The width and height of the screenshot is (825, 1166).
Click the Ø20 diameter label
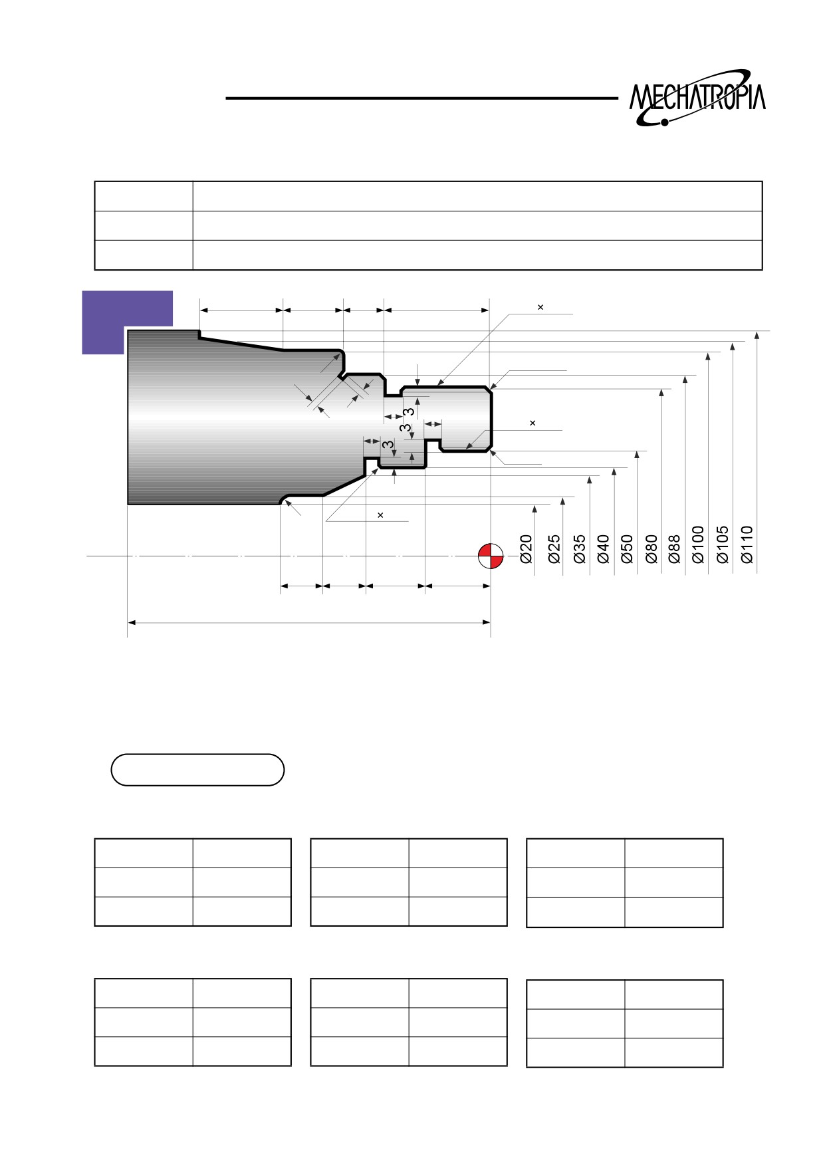pyautogui.click(x=526, y=549)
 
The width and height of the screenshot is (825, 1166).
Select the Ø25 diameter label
pyautogui.click(x=554, y=549)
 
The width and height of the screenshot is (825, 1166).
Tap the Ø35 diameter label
pyautogui.click(x=579, y=549)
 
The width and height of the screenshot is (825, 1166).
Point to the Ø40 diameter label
pyautogui.click(x=603, y=549)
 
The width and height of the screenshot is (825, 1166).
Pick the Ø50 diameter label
pyautogui.click(x=627, y=549)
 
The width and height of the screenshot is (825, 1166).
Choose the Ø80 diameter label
pyautogui.click(x=651, y=549)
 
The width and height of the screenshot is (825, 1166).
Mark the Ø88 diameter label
pyautogui.click(x=674, y=549)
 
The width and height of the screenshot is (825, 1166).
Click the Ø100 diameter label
pyautogui.click(x=698, y=545)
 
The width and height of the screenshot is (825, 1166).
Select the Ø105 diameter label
pyautogui.click(x=723, y=545)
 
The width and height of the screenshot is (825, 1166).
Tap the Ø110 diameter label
pyautogui.click(x=747, y=545)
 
